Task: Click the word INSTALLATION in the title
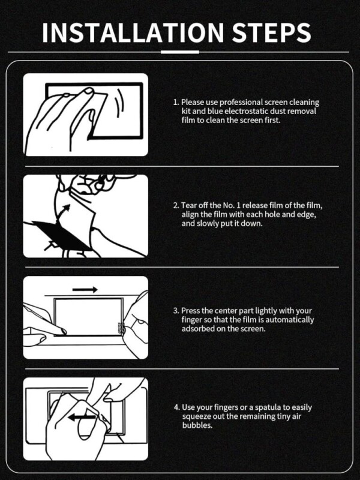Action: (133, 32)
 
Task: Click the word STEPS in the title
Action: (272, 32)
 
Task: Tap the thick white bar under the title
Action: (180, 52)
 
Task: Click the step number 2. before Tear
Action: (176, 205)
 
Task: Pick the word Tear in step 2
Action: (188, 205)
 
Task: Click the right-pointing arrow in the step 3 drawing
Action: (85, 289)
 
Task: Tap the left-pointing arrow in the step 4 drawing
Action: (82, 417)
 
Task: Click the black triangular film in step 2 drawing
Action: (61, 235)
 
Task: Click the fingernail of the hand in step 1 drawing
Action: (89, 91)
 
